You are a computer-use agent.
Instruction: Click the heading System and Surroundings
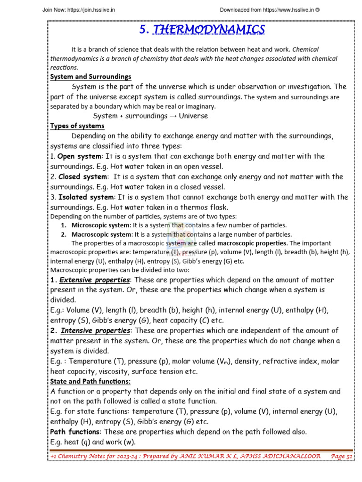point(91,77)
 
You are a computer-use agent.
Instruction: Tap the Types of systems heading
point(77,126)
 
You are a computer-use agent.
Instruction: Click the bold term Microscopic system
point(101,225)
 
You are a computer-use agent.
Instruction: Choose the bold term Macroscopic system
point(102,234)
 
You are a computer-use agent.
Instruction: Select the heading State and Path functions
point(90,381)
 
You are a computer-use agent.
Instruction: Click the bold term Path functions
point(75,432)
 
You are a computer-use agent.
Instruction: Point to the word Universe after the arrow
point(194,116)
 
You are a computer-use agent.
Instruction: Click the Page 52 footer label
point(342,456)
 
